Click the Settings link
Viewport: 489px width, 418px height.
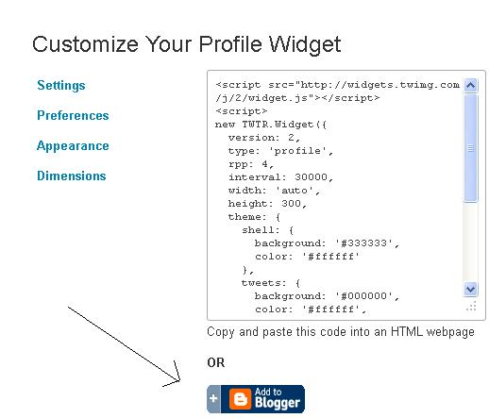[61, 85]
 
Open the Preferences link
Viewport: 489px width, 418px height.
[73, 115]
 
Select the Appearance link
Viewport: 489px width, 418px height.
[73, 146]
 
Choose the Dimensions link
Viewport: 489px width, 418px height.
[72, 176]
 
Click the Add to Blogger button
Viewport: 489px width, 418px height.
[256, 399]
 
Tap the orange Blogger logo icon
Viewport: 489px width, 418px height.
[240, 399]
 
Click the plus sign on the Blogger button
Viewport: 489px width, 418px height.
[213, 398]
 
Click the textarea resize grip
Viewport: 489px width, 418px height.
[471, 306]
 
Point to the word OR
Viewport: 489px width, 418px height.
[216, 362]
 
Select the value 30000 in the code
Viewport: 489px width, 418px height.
[311, 177]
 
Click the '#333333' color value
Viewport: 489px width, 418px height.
[363, 243]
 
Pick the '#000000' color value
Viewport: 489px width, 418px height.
[363, 296]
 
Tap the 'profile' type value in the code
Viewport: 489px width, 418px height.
[297, 151]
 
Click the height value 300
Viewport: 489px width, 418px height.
[291, 204]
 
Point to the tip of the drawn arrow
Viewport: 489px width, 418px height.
[180, 381]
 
